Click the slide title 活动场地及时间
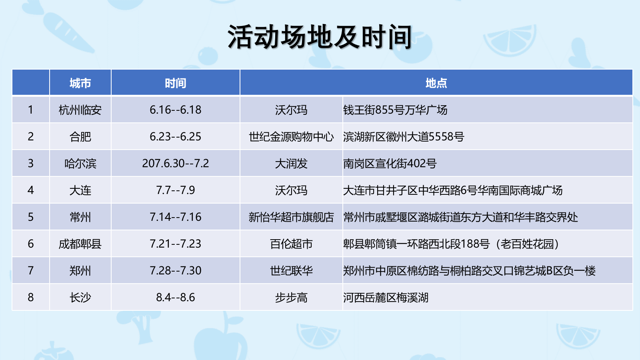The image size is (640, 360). click(320, 37)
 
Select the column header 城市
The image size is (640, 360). click(80, 83)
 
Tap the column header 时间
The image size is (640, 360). click(175, 83)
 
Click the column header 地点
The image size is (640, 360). click(436, 83)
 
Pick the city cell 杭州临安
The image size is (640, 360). click(80, 110)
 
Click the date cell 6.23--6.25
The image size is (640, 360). click(175, 137)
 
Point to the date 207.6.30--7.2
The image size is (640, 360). click(175, 164)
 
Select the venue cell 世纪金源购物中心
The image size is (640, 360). click(291, 137)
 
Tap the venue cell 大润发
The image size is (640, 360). click(291, 164)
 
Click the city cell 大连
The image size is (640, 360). click(80, 190)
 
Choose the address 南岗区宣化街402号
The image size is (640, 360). click(390, 164)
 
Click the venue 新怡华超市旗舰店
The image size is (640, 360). click(291, 217)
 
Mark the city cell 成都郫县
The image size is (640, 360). click(80, 244)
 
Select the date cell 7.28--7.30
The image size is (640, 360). click(175, 271)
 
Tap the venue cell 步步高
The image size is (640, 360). click(291, 298)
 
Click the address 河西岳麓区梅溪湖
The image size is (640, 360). click(386, 298)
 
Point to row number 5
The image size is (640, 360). click(31, 217)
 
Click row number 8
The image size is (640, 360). click(31, 298)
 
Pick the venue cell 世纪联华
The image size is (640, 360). click(291, 271)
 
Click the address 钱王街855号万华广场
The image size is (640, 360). click(395, 110)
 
